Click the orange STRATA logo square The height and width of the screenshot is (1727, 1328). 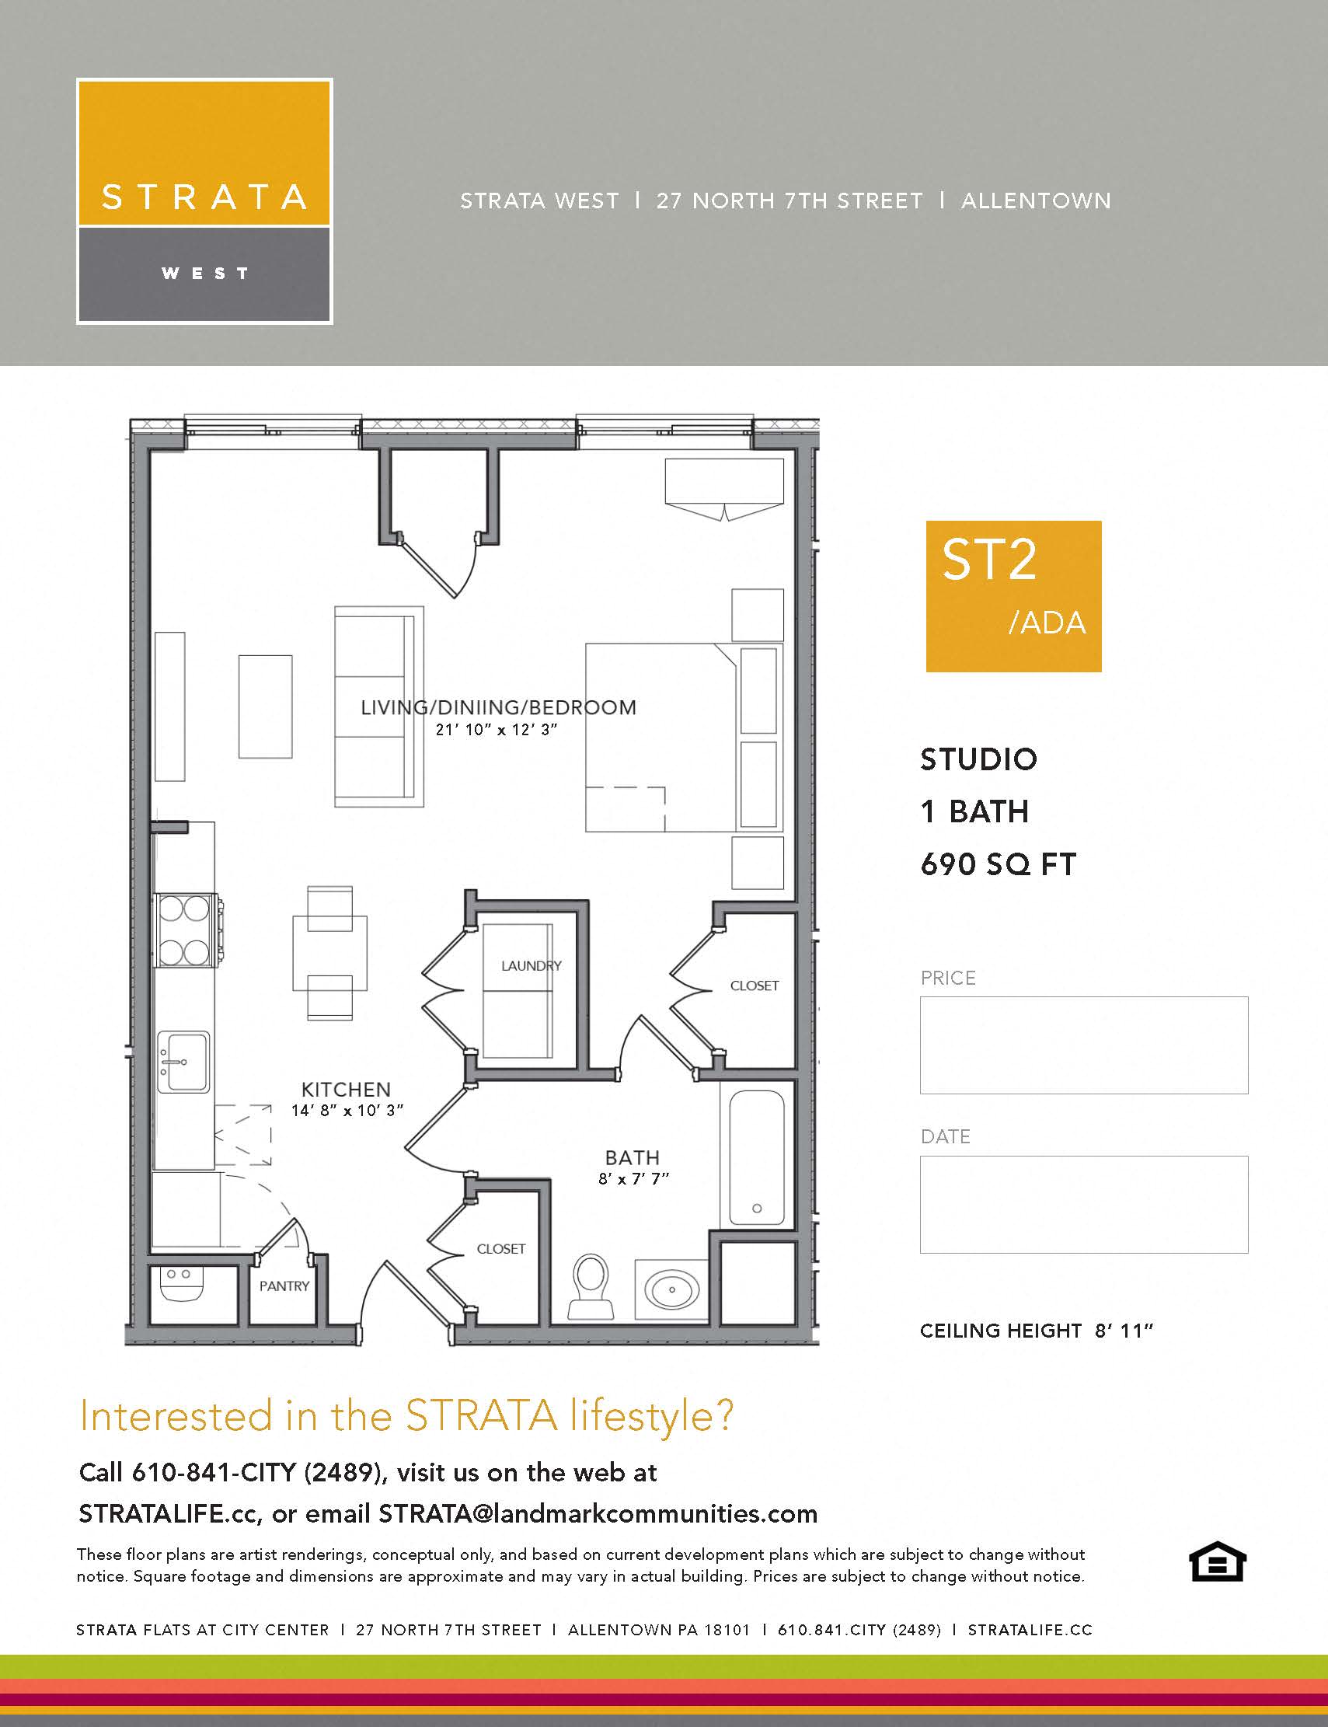coord(204,152)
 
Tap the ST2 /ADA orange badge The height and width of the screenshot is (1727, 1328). coord(1013,596)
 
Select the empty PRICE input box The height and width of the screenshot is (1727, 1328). coord(1084,1045)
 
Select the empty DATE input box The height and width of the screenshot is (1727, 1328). coord(1084,1203)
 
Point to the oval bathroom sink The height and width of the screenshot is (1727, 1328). coord(672,1289)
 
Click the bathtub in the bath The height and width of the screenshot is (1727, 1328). coord(757,1157)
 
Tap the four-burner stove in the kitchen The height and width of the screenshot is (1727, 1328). coord(185,930)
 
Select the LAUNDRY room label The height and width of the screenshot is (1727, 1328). coord(532,965)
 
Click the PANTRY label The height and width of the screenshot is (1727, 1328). coord(284,1286)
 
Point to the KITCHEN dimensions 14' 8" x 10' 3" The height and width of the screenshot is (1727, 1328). coord(347,1110)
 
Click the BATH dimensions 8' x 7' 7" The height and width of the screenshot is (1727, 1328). coord(633,1178)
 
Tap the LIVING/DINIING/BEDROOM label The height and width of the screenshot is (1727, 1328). coord(498,708)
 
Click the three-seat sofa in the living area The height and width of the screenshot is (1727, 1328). coord(378,706)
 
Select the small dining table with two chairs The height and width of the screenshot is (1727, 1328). coord(329,953)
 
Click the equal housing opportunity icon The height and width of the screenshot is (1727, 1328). coord(1218,1561)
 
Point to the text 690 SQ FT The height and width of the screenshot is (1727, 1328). coord(998,864)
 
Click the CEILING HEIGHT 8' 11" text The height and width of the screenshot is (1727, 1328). coord(1037,1331)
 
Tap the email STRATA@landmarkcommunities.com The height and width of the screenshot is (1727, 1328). coord(598,1513)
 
